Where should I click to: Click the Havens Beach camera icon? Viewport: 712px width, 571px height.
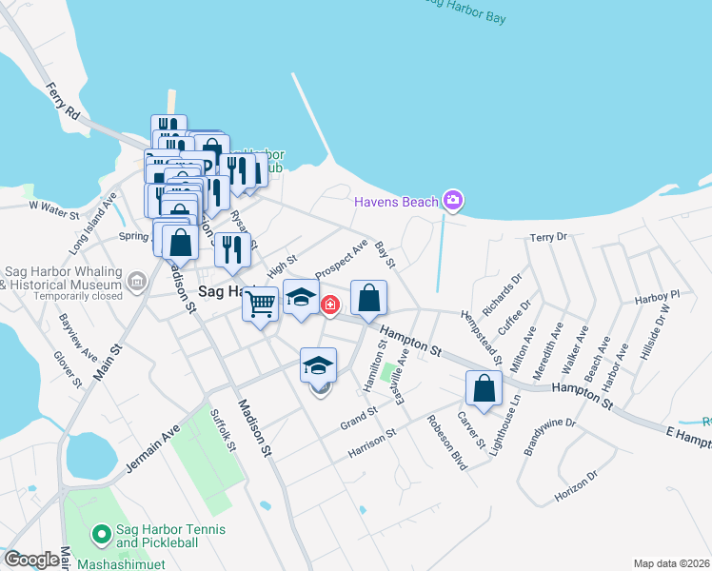coord(453,200)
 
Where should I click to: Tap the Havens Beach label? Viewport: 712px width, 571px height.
coord(396,202)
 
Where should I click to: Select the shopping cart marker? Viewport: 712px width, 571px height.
coord(260,305)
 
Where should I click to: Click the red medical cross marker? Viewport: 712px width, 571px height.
coord(329,305)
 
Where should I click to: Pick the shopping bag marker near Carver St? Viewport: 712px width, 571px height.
coord(484,388)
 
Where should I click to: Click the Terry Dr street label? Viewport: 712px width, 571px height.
coord(548,237)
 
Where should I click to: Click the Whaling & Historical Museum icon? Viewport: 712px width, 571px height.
coord(137,281)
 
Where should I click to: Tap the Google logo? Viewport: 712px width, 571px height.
coord(30,560)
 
